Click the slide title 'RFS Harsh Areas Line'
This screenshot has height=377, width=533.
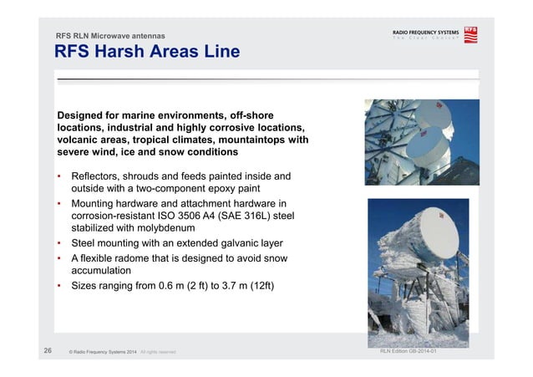pyautogui.click(x=147, y=53)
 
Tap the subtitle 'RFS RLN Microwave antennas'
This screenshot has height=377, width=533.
pyautogui.click(x=109, y=36)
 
